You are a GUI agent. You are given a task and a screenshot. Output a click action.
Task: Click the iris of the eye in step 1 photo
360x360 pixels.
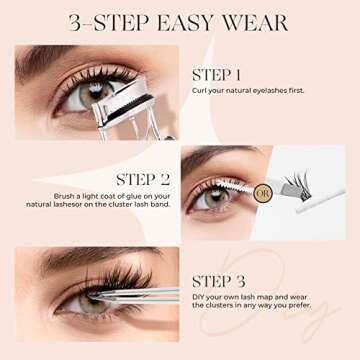(82, 96)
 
